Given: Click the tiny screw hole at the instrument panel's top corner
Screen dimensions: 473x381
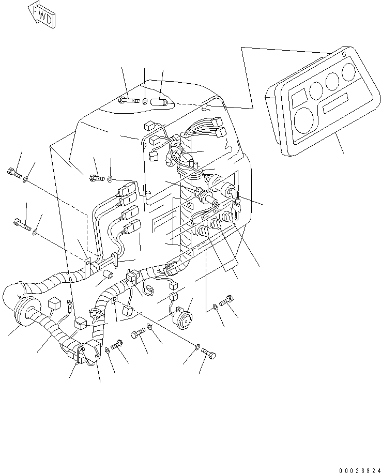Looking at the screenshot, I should [343, 53].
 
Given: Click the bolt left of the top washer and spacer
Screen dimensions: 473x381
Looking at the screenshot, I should [128, 99].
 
